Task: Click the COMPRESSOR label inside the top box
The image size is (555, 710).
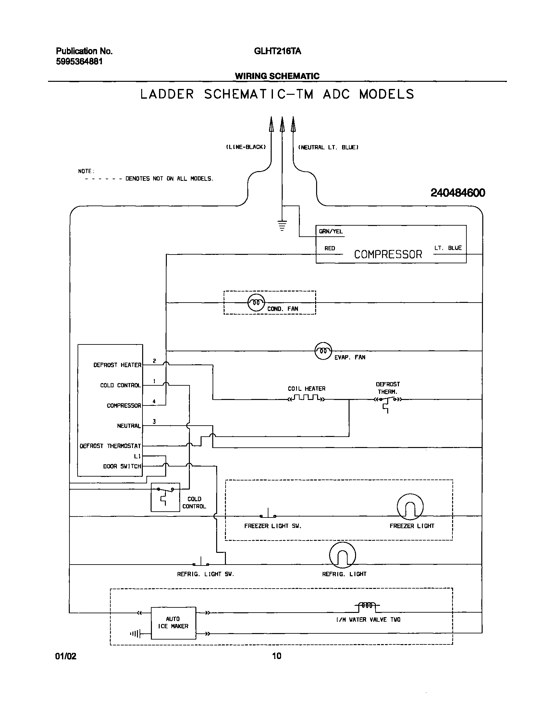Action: pos(388,254)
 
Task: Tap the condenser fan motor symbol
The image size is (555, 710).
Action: pos(256,303)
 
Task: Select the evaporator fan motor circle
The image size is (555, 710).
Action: pos(323,351)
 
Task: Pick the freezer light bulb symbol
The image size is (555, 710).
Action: pos(410,507)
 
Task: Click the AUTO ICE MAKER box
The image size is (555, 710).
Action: pos(174,623)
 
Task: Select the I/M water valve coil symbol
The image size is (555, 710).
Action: pos(367,605)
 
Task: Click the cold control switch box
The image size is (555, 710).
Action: pos(166,497)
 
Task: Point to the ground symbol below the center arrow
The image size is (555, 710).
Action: pos(282,225)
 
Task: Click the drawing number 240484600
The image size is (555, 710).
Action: pos(458,193)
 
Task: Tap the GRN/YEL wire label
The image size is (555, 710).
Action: pos(330,231)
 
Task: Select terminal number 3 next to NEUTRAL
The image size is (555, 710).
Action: pos(154,422)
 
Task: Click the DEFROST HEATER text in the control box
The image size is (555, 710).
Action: pos(117,365)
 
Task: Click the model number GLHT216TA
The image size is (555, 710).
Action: pos(277,51)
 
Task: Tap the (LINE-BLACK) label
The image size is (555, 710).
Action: pos(246,147)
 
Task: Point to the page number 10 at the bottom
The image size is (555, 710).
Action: pos(277,656)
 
